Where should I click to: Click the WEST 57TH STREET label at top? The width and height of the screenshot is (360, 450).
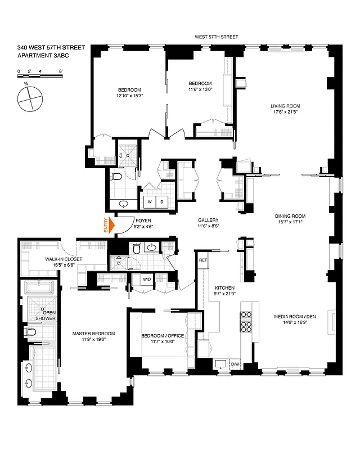point(216,37)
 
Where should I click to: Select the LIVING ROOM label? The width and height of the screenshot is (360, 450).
point(285,106)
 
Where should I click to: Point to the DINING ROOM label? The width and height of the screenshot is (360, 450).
point(290,216)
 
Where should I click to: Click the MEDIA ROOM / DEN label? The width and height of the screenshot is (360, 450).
point(296,316)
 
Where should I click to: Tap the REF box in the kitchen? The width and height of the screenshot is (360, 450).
point(203,260)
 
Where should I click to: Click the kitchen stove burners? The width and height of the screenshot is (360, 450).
point(246,325)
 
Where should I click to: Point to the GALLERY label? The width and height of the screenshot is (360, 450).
point(208,220)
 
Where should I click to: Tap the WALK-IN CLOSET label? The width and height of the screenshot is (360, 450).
point(64,259)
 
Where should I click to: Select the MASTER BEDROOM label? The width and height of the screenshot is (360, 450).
point(93,334)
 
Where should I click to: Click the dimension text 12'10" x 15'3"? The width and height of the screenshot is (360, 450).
point(129,96)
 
